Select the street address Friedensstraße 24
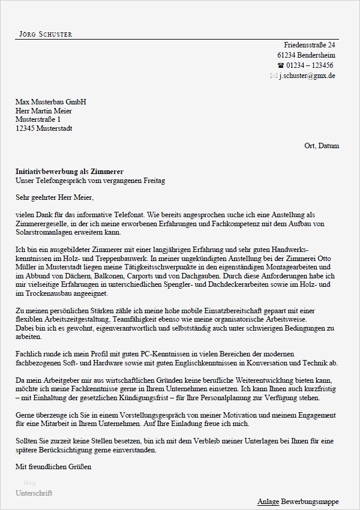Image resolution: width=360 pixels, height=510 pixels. [x=309, y=45]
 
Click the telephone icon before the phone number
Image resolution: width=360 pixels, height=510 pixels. [x=280, y=65]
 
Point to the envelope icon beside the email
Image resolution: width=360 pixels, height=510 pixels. [x=274, y=76]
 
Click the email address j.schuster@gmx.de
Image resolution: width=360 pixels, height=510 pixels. [x=307, y=76]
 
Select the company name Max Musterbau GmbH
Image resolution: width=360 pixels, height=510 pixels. [x=51, y=102]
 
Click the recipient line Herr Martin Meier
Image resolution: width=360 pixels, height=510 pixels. [x=43, y=111]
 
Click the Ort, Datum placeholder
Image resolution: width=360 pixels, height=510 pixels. [x=322, y=146]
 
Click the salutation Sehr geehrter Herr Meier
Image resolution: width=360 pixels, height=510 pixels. [x=55, y=197]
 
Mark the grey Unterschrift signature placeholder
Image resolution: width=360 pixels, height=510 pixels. [x=34, y=493]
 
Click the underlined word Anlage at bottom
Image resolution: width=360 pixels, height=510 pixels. [x=267, y=501]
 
